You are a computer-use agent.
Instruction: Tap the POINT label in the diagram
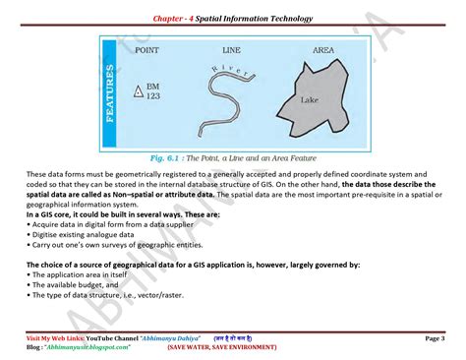(x=146, y=49)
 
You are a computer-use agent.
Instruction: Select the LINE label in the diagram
(x=232, y=49)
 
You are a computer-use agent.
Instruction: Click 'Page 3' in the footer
(x=434, y=337)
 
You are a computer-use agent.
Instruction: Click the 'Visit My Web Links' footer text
(x=55, y=337)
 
